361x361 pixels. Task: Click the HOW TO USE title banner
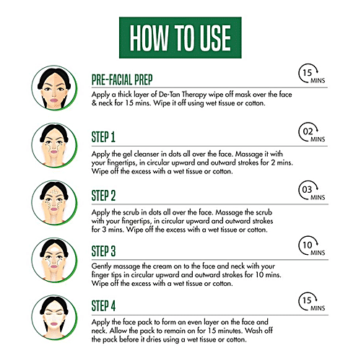coord(180,38)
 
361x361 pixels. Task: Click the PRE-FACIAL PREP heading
coord(122,80)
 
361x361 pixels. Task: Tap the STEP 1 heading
coord(103,137)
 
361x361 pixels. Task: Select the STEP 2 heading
coord(103,196)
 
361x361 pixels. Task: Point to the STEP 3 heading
coord(103,251)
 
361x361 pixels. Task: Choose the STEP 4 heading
coord(103,306)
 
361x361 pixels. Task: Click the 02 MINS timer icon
coord(312,133)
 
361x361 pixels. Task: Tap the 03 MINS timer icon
coord(312,191)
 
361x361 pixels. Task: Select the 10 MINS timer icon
coord(312,246)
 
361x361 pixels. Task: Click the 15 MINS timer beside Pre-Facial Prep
coord(312,74)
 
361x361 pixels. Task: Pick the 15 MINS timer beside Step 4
coord(312,301)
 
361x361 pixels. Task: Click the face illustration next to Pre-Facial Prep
coord(54,88)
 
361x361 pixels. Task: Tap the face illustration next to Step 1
coord(54,146)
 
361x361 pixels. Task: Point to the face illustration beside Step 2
coord(54,203)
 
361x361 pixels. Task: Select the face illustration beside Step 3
coord(54,260)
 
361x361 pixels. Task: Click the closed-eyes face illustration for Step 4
coord(54,318)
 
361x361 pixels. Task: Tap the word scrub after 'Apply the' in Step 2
coord(131,212)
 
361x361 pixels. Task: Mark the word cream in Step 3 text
coord(162,266)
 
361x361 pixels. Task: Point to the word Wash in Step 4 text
coord(253,331)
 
